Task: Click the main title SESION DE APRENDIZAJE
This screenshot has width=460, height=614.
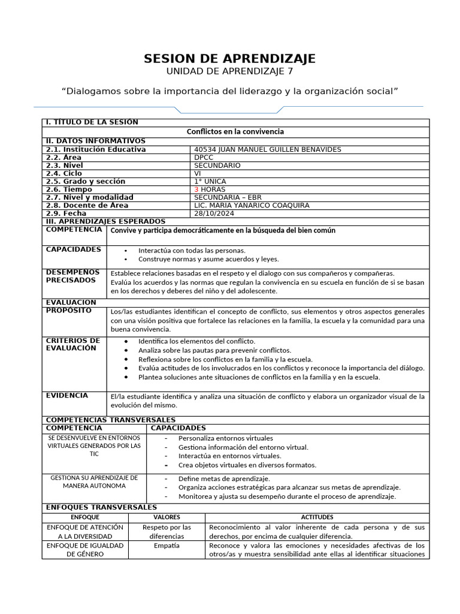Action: [x=229, y=59]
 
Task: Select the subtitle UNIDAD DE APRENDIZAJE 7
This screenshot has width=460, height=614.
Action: [x=229, y=72]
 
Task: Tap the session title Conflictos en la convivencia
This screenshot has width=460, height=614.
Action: [x=235, y=131]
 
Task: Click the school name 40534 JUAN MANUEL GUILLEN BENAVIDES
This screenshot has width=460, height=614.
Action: [x=268, y=149]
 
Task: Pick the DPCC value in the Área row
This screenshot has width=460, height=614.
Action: [x=204, y=157]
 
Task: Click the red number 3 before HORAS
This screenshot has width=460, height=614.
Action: [x=196, y=189]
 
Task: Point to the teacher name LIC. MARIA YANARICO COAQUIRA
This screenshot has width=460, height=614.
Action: [x=252, y=206]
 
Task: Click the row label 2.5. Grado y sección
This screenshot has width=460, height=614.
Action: [x=86, y=181]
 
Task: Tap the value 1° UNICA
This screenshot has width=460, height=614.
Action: [x=210, y=181]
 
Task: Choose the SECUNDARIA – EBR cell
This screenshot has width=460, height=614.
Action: [x=228, y=197]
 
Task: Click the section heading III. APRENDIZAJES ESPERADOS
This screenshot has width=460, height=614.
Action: [x=105, y=221]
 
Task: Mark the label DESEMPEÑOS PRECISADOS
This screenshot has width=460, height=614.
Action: [x=72, y=276]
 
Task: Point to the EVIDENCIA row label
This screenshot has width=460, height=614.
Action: [x=66, y=396]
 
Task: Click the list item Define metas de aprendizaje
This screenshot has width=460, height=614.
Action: [x=224, y=478]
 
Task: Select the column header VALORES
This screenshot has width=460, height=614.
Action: [x=167, y=517]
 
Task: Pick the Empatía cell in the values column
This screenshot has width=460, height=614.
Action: [x=167, y=546]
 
